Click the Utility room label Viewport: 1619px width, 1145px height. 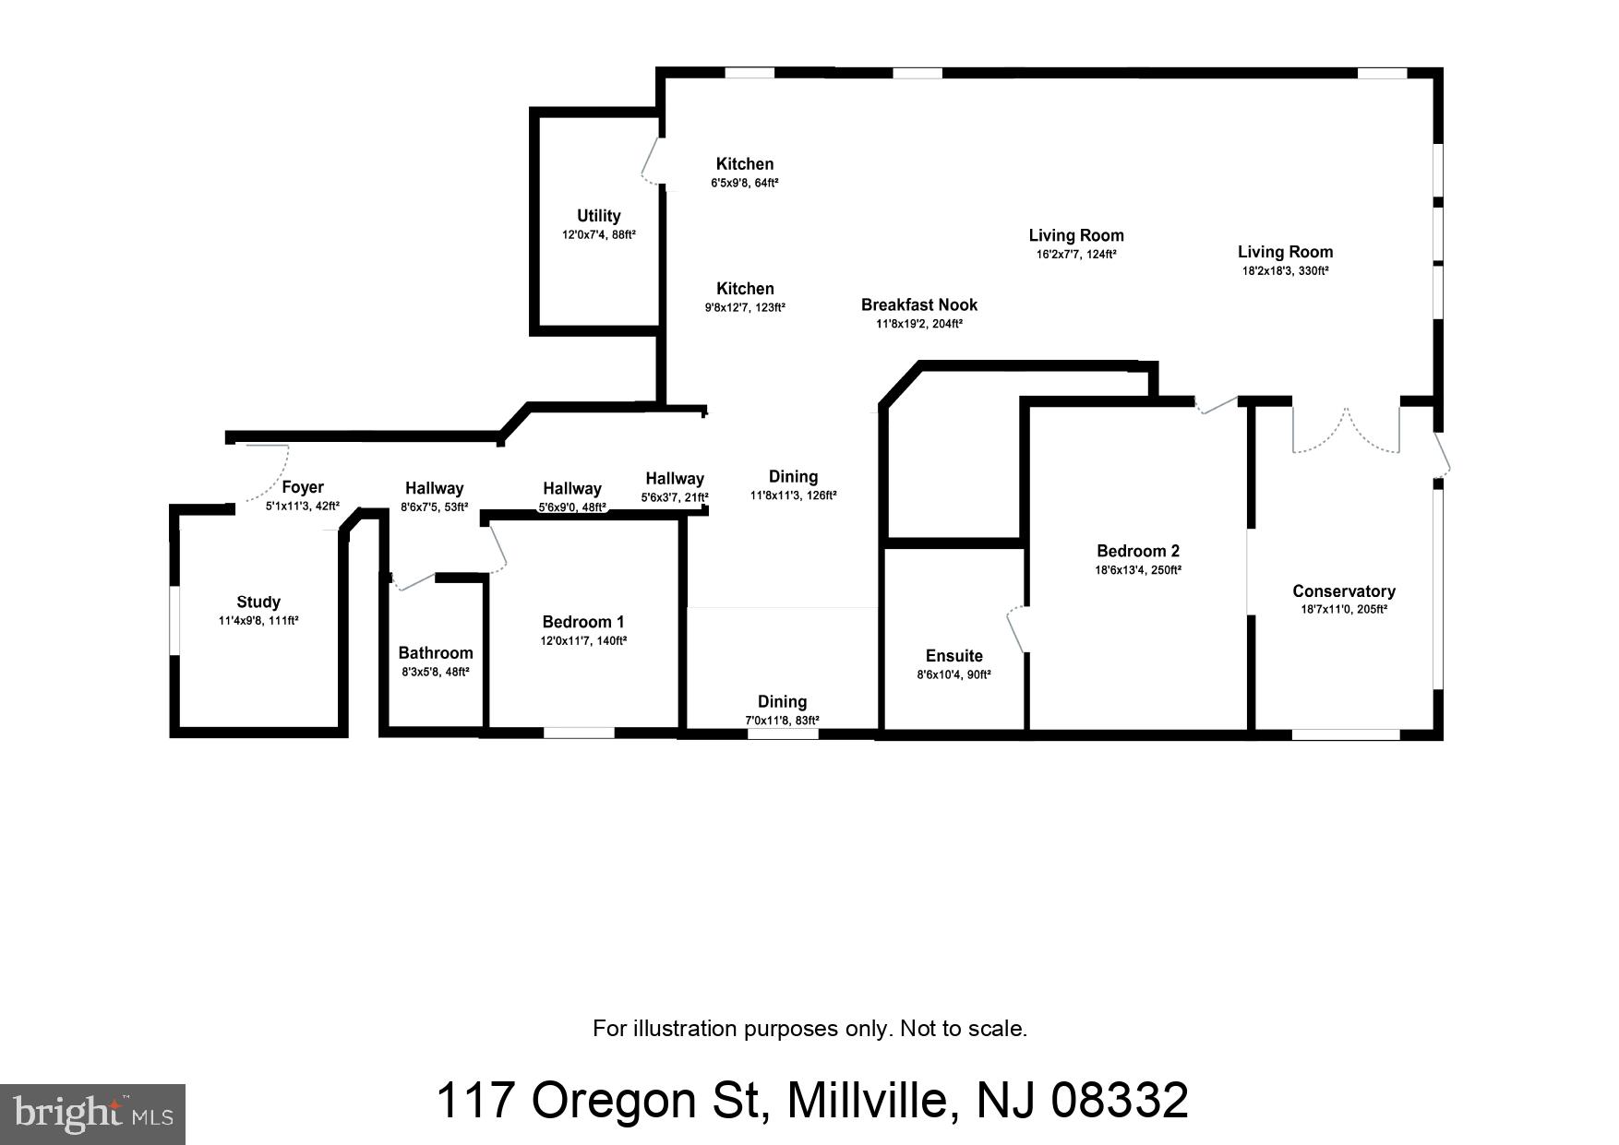point(598,216)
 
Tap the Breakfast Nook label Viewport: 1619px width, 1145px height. point(918,304)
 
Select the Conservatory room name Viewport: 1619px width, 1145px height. point(1343,591)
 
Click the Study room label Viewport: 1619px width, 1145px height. point(258,602)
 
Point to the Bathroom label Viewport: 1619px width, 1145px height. point(435,652)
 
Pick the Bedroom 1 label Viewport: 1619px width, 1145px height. point(582,622)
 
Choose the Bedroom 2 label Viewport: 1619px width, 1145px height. point(1137,551)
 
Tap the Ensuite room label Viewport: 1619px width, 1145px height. point(953,656)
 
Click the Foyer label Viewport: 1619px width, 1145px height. point(302,487)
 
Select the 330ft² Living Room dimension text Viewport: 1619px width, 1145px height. point(1285,271)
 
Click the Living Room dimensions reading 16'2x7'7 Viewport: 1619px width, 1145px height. point(1075,255)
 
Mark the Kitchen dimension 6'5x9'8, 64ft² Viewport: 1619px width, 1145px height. point(744,184)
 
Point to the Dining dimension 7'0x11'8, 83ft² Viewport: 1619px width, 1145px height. point(782,721)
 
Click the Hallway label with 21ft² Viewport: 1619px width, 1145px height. point(674,478)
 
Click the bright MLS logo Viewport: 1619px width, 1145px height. point(92,1114)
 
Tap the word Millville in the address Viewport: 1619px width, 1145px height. point(867,1101)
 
